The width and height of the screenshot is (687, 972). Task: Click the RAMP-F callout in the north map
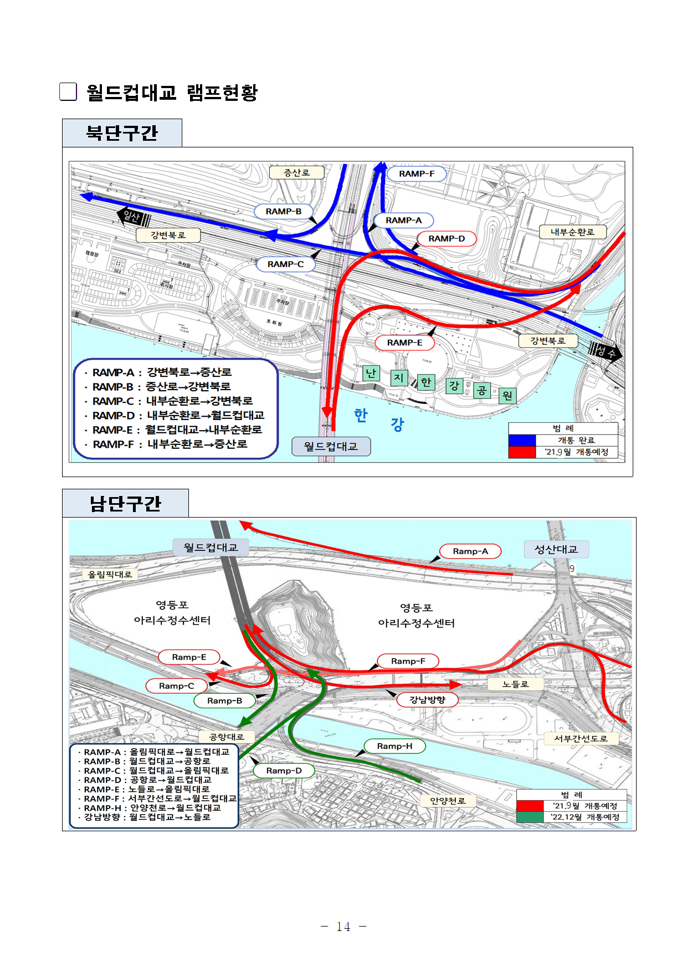coord(417,174)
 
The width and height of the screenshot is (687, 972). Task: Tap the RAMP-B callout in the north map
coord(284,211)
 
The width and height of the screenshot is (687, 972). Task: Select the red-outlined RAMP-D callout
coord(447,239)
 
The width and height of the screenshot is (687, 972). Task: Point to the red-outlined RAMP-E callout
coord(404,343)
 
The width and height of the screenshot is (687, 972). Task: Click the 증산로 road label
coord(296,173)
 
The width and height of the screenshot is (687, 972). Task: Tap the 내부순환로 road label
coord(572,232)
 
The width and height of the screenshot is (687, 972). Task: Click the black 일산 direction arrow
coord(134,217)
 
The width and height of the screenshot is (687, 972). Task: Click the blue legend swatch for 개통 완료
coord(522,440)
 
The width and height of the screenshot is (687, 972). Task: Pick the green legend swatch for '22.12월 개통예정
coord(530,817)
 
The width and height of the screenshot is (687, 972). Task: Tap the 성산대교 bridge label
coord(556,550)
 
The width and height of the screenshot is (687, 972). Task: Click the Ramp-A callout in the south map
coord(470,551)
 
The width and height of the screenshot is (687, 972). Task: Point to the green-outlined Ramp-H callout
coord(394,746)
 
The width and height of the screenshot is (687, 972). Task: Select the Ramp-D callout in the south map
coord(284,771)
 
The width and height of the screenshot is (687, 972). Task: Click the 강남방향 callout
coord(427,700)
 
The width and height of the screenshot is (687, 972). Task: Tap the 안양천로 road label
coord(448,801)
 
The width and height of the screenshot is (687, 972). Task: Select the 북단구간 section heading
coord(122,133)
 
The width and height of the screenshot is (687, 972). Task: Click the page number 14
coord(343,927)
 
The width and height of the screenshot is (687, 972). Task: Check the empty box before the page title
coord(68,92)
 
